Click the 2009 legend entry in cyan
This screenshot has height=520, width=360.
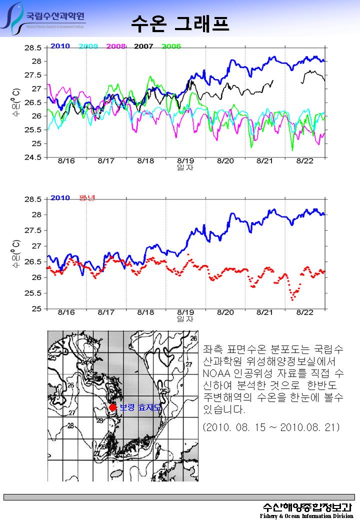[88, 46]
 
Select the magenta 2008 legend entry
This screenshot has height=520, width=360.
[116, 46]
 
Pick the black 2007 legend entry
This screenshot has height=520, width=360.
[143, 46]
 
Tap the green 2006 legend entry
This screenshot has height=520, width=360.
[171, 46]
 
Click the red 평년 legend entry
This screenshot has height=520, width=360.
[87, 197]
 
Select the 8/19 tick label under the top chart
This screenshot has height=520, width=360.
[185, 161]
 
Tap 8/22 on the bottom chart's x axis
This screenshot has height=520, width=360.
[304, 312]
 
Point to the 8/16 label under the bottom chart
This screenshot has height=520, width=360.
[66, 312]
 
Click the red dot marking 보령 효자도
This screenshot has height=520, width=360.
[113, 407]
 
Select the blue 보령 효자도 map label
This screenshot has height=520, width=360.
[140, 408]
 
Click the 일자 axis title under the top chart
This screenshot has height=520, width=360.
[185, 167]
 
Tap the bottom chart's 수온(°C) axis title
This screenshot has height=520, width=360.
[16, 254]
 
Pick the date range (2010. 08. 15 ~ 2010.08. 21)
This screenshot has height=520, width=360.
[272, 427]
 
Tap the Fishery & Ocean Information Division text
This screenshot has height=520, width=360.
[306, 515]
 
